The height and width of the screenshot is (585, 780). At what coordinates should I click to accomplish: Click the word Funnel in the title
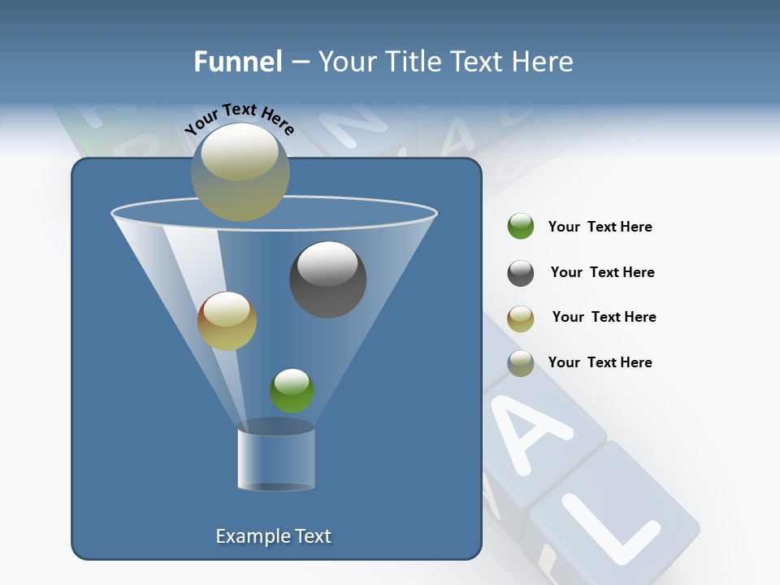(x=237, y=62)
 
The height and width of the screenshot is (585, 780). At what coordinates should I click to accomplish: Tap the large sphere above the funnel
(x=240, y=171)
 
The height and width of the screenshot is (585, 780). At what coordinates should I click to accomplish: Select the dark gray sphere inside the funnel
(x=327, y=279)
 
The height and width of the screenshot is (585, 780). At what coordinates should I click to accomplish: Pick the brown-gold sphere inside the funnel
(x=227, y=321)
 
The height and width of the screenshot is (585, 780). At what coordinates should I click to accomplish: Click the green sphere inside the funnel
(x=292, y=390)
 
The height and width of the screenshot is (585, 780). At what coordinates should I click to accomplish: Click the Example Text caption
(x=273, y=536)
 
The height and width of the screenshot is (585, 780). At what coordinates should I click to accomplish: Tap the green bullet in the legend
(x=521, y=227)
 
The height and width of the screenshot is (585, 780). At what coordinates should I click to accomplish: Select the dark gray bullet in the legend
(x=521, y=273)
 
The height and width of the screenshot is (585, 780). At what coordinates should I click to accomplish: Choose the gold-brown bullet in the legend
(x=521, y=318)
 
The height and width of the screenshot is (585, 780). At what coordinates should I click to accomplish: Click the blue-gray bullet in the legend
(x=521, y=363)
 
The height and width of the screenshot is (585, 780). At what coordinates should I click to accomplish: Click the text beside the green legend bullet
(x=600, y=227)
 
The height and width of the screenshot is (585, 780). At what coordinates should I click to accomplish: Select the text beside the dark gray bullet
(x=602, y=273)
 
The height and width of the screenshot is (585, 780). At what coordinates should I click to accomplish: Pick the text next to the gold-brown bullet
(x=604, y=318)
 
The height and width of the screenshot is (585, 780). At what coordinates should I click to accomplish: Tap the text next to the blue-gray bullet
(x=600, y=363)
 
